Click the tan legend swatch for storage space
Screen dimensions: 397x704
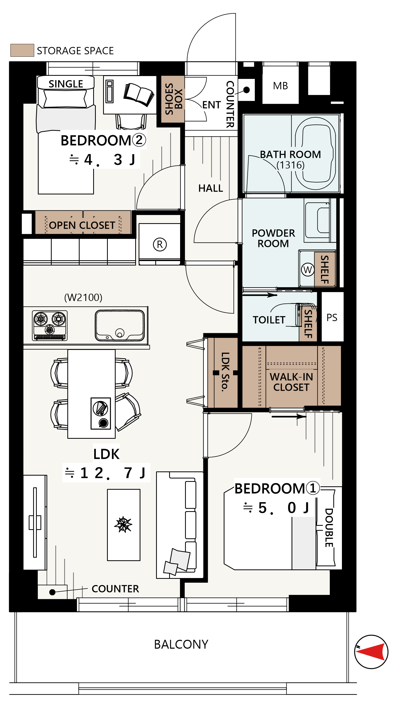tap(22, 50)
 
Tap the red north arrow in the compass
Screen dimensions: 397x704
tap(371, 651)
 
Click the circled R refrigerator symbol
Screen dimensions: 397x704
tap(160, 244)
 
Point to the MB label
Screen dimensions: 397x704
tap(280, 86)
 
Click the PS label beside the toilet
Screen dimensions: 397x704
tap(332, 317)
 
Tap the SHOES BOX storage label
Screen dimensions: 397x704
tap(173, 99)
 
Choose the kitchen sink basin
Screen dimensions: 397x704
tap(120, 326)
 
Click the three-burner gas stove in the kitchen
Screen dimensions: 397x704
tap(50, 325)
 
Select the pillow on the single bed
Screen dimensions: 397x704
tap(65, 98)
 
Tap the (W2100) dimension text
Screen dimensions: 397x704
tap(83, 297)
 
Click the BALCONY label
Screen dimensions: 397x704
tap(181, 644)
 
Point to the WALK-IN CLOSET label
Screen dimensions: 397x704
tap(291, 382)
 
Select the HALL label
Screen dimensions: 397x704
tap(211, 188)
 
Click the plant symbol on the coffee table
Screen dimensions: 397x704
tap(123, 524)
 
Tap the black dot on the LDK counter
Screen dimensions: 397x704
tap(52, 592)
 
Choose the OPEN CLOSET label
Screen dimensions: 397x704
tap(82, 225)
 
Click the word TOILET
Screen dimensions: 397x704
tap(269, 320)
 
